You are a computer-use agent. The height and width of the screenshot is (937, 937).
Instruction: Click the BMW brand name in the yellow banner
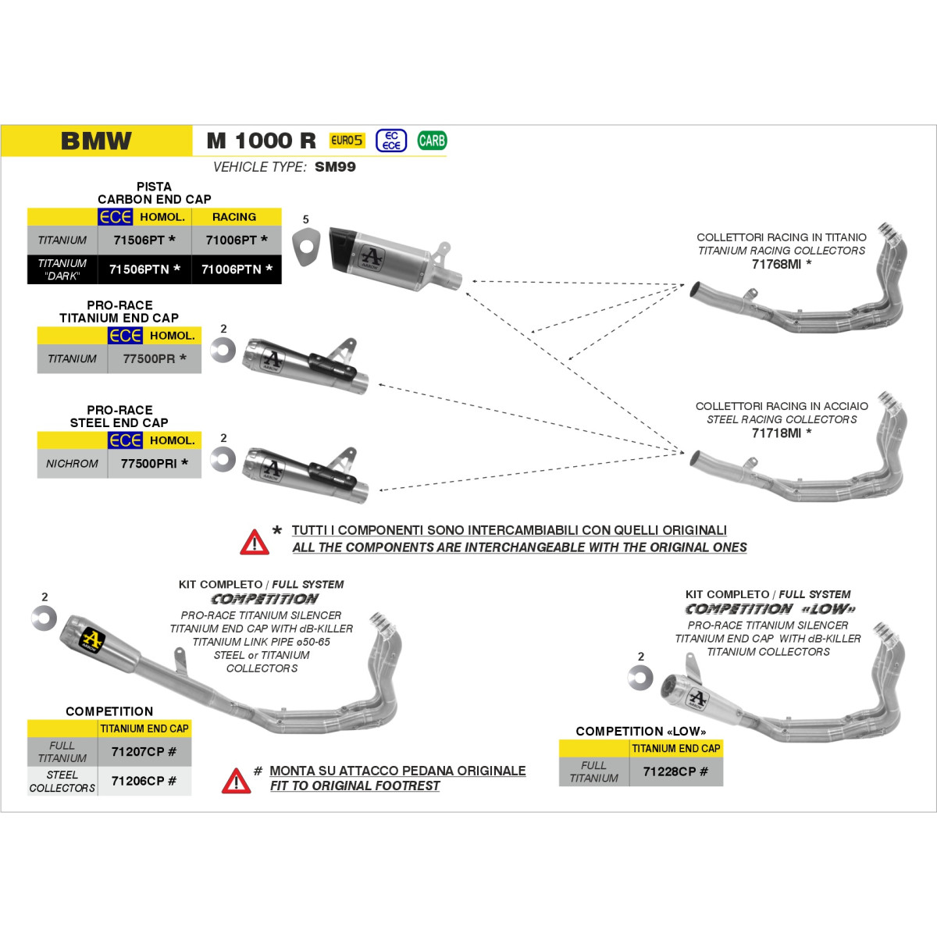pos(96,141)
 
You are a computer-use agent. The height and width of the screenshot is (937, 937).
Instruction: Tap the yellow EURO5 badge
pos(347,141)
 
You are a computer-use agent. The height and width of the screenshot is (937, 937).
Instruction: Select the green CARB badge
pos(432,141)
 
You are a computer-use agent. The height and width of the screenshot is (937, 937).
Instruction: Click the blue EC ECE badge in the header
pos(391,141)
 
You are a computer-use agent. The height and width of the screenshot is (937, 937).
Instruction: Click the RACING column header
pos(234,217)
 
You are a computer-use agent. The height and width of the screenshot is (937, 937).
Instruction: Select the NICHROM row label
pos(72,463)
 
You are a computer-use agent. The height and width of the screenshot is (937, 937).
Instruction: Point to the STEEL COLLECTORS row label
pos(62,782)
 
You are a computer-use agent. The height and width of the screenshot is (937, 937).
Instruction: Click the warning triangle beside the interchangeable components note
pos(255,542)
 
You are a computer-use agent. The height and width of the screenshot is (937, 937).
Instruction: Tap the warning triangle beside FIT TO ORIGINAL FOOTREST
pos(237,781)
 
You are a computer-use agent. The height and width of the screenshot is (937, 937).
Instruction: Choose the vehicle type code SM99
pos(335,167)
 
